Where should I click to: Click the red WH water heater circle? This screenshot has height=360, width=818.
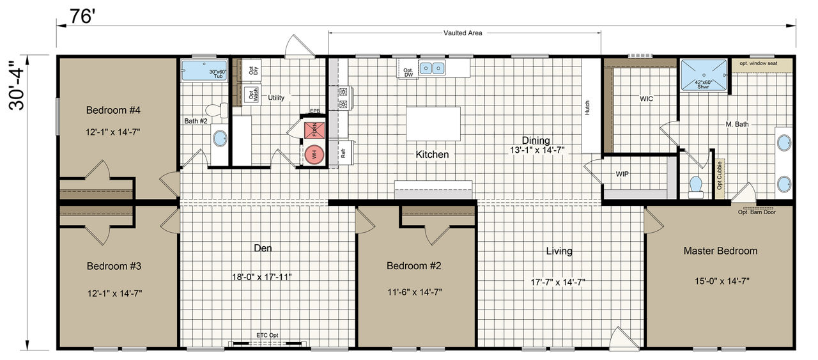point(314,154)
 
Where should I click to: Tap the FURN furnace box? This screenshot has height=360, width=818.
point(314,130)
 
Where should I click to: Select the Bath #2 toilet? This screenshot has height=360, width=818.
point(217,110)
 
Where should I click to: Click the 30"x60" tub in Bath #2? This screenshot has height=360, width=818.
point(204,70)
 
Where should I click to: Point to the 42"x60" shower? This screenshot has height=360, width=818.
point(704,75)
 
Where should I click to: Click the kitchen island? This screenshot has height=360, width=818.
point(433,123)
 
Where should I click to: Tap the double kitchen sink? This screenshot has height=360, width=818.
point(432,68)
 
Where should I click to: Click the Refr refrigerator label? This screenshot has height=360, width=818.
point(343,153)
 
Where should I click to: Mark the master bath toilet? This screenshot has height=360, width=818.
point(696,187)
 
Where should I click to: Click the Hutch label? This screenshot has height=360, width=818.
point(587,108)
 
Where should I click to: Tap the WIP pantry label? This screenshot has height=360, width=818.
point(622,174)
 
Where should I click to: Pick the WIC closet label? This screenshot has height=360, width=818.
point(646,98)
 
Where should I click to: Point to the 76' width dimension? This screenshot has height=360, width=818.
point(82,17)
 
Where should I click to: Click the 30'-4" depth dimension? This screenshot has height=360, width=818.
point(17,85)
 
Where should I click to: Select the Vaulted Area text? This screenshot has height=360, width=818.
point(463,33)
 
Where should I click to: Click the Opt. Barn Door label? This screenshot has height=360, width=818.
point(757,212)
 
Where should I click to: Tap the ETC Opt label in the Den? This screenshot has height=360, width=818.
point(267,335)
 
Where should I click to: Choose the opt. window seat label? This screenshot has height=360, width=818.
point(759,63)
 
